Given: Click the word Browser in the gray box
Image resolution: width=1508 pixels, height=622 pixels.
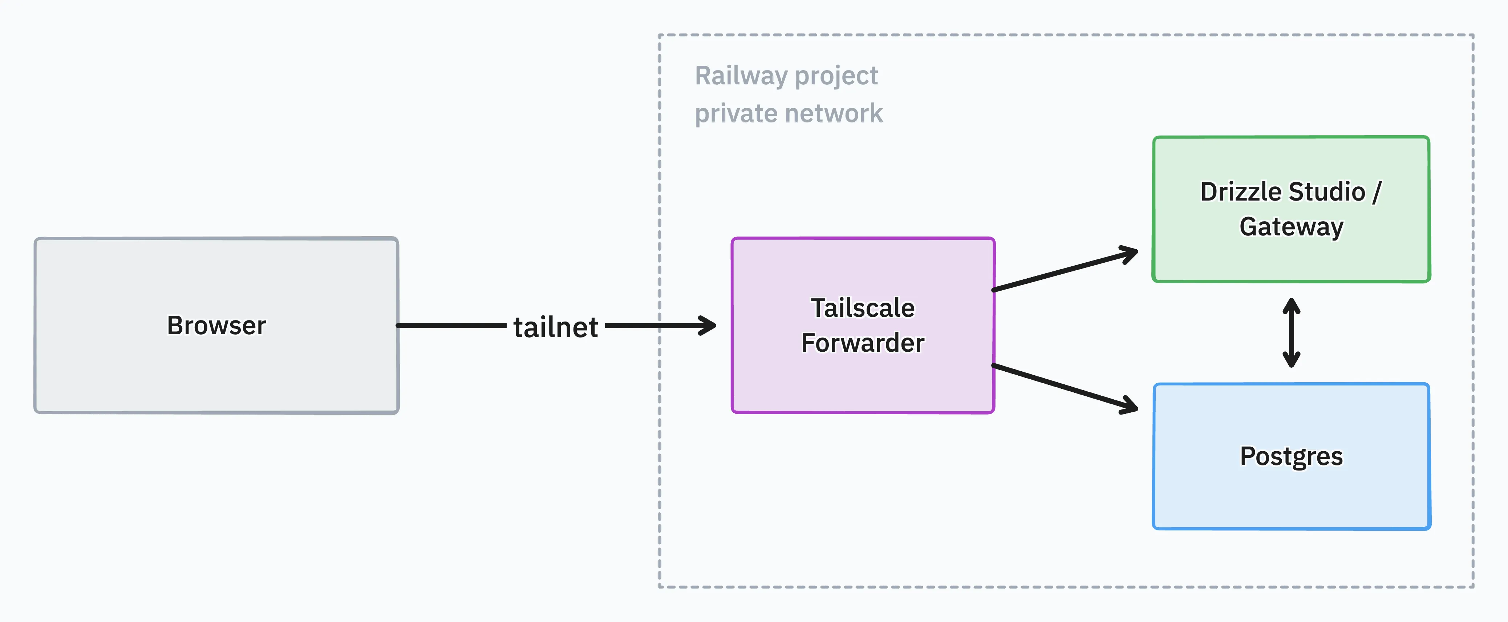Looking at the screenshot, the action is tap(216, 325).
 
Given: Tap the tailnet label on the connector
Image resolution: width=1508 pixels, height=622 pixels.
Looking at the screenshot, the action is tap(556, 327).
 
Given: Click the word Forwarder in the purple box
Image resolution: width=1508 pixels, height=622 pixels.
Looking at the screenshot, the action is tap(863, 343).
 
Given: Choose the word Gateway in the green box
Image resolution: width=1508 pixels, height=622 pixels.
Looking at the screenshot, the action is tap(1292, 227).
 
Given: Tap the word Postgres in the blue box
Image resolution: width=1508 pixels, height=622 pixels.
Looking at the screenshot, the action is tap(1292, 456).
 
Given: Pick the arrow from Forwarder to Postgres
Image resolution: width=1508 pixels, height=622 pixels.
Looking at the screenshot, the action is tap(1065, 389).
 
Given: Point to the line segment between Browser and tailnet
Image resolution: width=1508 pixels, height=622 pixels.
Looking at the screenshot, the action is tap(451, 325).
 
